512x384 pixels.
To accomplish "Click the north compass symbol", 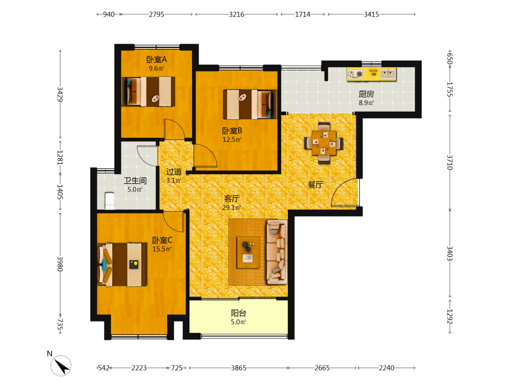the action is pyautogui.click(x=61, y=366).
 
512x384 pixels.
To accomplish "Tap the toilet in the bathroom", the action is pyautogui.click(x=110, y=201).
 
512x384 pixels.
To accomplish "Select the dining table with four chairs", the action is pyautogui.click(x=324, y=143).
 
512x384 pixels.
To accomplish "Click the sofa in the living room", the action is pyautogui.click(x=277, y=252).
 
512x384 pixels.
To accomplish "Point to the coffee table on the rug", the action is pyautogui.click(x=248, y=252).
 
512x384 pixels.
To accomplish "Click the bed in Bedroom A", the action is pyautogui.click(x=148, y=92).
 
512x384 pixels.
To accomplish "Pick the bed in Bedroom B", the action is pyautogui.click(x=250, y=104).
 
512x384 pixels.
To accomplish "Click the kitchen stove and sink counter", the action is pyautogui.click(x=372, y=74).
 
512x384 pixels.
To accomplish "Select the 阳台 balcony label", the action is pyautogui.click(x=239, y=313).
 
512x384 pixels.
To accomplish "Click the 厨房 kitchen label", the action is pyautogui.click(x=366, y=94).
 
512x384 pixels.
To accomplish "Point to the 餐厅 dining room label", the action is pyautogui.click(x=315, y=185).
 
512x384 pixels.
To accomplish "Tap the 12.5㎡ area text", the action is pyautogui.click(x=232, y=140).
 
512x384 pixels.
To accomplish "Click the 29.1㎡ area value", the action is pyautogui.click(x=231, y=208).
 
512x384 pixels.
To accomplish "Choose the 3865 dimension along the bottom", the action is pyautogui.click(x=239, y=368).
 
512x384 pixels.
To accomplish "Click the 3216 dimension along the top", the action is pyautogui.click(x=237, y=14).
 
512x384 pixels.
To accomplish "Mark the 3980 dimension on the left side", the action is pyautogui.click(x=60, y=264).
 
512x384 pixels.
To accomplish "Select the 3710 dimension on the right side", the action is pyautogui.click(x=450, y=162).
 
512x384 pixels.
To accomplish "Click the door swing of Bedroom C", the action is pyautogui.click(x=174, y=222).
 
